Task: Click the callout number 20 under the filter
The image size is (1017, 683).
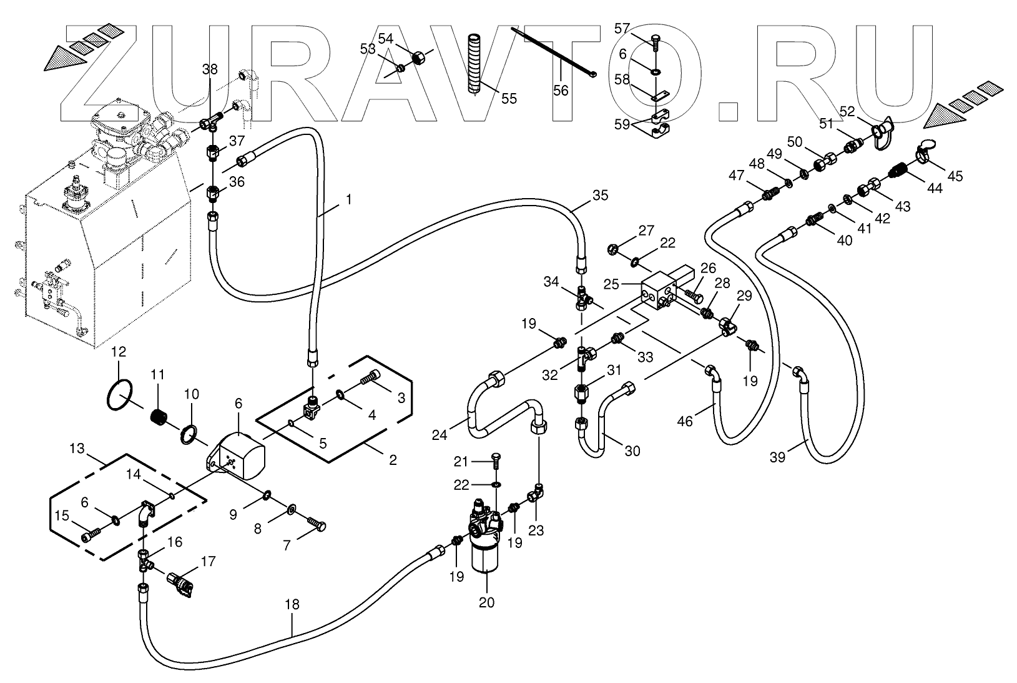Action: point(486,602)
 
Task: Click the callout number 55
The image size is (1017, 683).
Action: point(509,98)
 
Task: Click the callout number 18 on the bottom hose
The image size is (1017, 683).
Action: point(292,604)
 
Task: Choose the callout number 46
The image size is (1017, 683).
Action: point(685,421)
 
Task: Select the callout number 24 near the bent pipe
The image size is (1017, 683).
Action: point(440,435)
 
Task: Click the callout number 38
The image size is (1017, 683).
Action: point(210,69)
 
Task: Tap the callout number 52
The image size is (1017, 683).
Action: point(847,112)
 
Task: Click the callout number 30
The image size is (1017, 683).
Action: point(632,451)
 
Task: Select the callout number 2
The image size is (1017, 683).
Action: point(393,461)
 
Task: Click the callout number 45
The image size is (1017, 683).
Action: point(955,176)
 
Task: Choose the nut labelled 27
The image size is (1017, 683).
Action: point(613,251)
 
